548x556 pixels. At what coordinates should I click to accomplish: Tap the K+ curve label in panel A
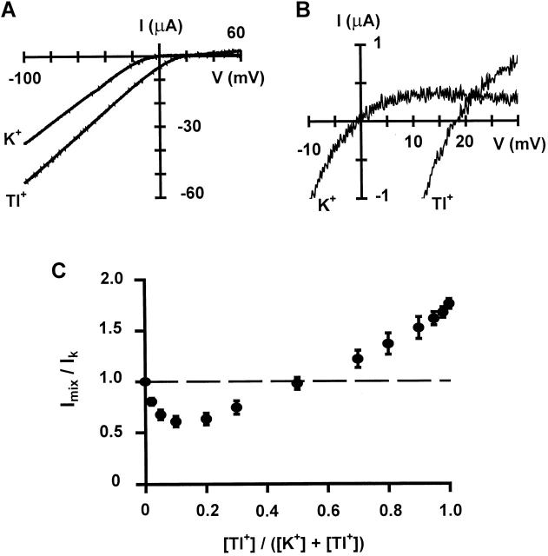pyautogui.click(x=14, y=137)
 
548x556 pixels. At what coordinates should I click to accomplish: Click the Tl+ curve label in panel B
pyautogui.click(x=446, y=206)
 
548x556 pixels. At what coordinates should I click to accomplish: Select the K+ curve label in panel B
pyautogui.click(x=319, y=206)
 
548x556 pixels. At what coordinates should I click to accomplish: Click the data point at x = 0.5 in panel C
pyautogui.click(x=297, y=383)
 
